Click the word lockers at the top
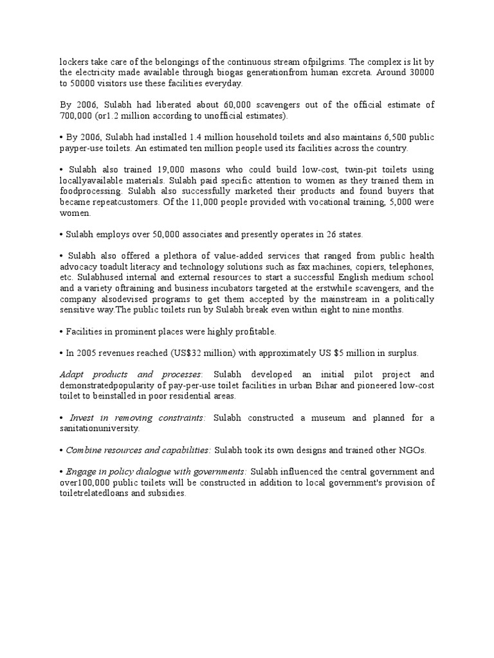click(74, 62)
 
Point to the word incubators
click(271, 289)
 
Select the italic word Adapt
click(72, 375)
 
